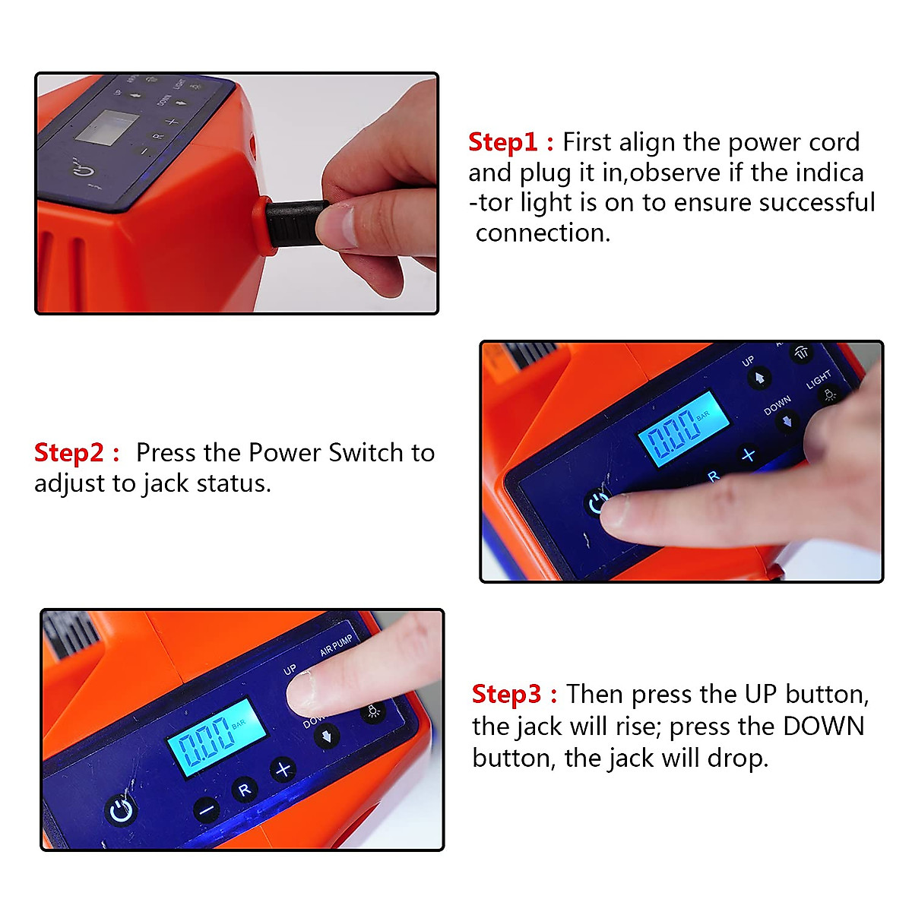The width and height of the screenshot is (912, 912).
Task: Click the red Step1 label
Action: pyautogui.click(x=502, y=142)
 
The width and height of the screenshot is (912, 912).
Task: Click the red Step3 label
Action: pyautogui.click(x=506, y=695)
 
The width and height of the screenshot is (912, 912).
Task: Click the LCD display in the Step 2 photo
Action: pyautogui.click(x=683, y=429)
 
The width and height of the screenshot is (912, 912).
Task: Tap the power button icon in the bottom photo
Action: pyautogui.click(x=121, y=811)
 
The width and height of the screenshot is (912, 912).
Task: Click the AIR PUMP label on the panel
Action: pyautogui.click(x=337, y=645)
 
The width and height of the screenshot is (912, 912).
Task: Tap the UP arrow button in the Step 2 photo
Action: pyautogui.click(x=759, y=378)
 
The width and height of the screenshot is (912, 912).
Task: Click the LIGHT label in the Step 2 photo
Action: pyautogui.click(x=819, y=379)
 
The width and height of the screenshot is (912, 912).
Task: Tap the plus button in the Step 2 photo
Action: pyautogui.click(x=749, y=455)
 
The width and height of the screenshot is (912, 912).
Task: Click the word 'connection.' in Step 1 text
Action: pyautogui.click(x=543, y=233)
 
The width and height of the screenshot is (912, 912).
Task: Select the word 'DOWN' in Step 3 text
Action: pyautogui.click(x=824, y=727)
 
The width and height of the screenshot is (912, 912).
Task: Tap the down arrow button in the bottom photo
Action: pyautogui.click(x=327, y=737)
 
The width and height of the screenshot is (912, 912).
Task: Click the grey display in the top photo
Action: pyautogui.click(x=107, y=128)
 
